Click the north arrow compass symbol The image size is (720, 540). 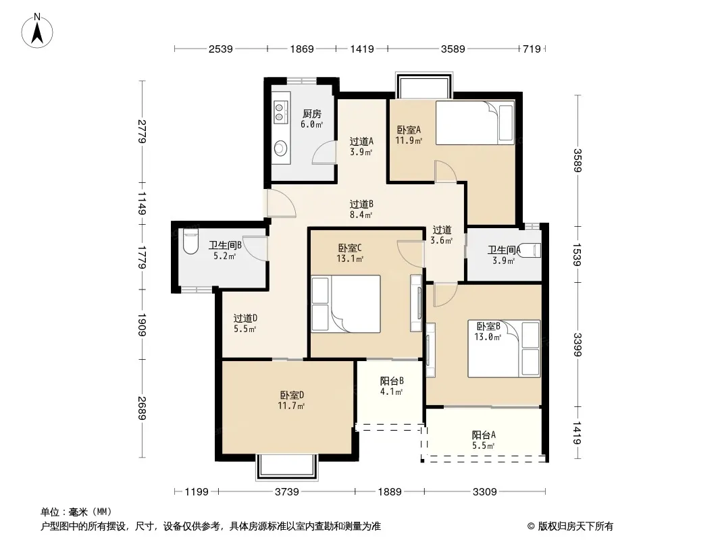point(37,31)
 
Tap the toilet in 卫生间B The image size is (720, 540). point(190,242)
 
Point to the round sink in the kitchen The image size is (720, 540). point(280,148)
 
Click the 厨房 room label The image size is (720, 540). point(312,113)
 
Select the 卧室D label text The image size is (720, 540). point(292,395)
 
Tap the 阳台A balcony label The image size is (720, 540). point(484,435)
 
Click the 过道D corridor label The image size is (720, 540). point(245,318)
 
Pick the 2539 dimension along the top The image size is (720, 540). point(220,49)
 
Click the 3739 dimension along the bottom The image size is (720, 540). point(286,492)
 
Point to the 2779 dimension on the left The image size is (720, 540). point(142,131)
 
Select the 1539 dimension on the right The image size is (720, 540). point(577,254)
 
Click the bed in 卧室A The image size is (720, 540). point(475,122)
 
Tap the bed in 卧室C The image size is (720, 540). point(346,304)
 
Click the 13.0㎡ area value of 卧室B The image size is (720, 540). point(487,337)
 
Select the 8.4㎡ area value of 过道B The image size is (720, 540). point(361,214)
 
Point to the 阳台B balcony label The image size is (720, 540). point(392,381)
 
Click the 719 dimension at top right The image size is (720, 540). point(532,49)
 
